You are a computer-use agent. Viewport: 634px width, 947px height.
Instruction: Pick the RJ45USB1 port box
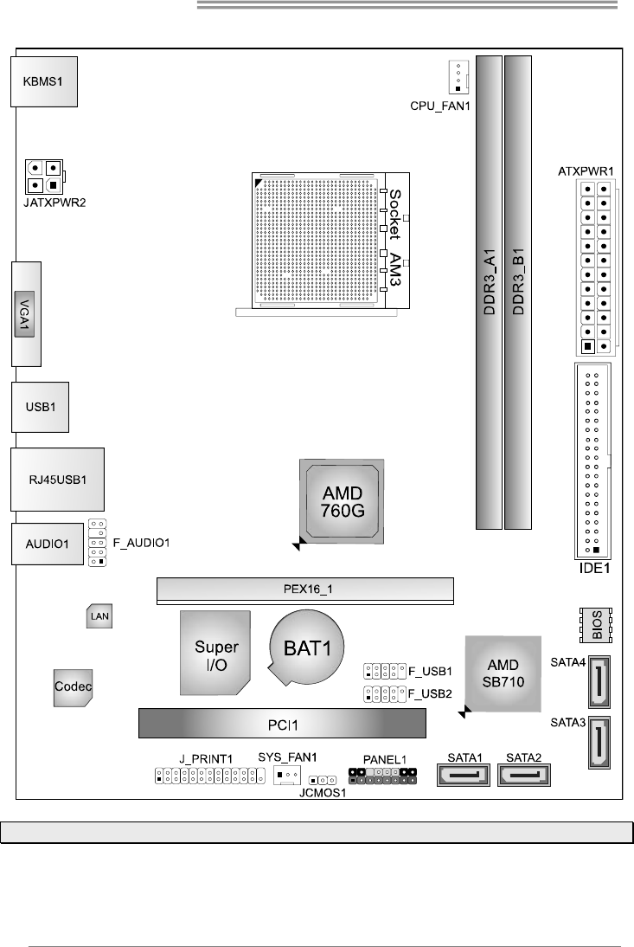pyautogui.click(x=58, y=478)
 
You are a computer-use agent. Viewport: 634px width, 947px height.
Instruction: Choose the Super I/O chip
pyautogui.click(x=216, y=654)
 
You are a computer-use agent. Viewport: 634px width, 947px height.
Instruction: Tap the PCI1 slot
pyautogui.click(x=282, y=722)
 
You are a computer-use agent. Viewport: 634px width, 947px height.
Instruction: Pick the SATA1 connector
pyautogui.click(x=464, y=770)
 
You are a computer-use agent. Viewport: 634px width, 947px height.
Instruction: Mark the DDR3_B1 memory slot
pyautogui.click(x=518, y=292)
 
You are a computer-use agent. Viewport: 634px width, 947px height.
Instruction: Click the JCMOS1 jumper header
pyautogui.click(x=323, y=780)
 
